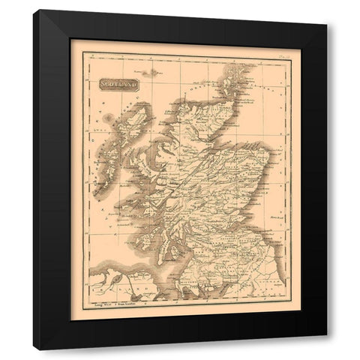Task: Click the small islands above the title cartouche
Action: click(x=154, y=72)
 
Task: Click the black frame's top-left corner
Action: click(x=34, y=11)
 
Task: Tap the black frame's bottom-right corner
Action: click(x=326, y=335)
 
